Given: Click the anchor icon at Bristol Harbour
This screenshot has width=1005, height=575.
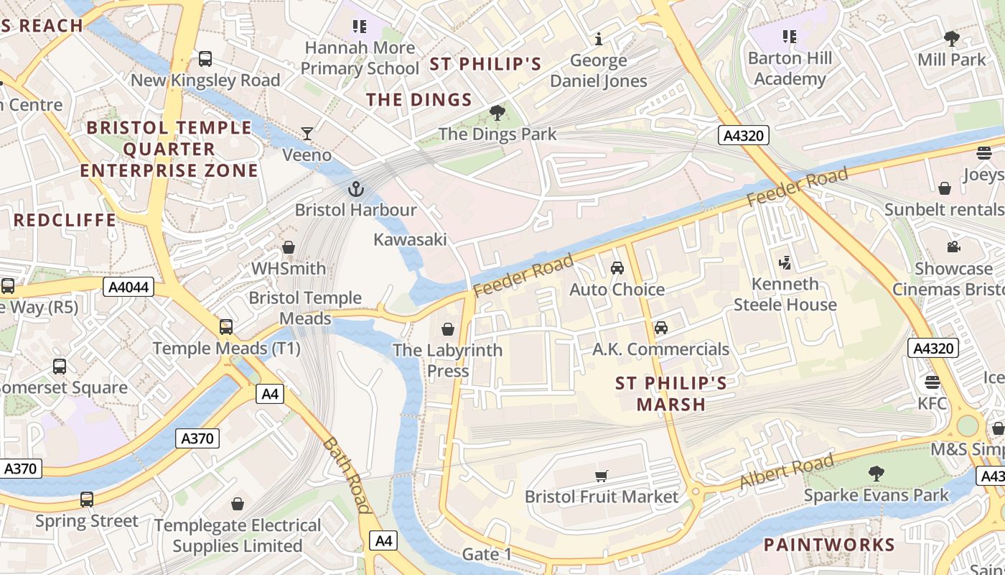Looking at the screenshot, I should (x=355, y=189).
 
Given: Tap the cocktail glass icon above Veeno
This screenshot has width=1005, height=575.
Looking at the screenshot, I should (x=307, y=134).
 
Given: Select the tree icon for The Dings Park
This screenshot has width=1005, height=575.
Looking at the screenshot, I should (x=497, y=113).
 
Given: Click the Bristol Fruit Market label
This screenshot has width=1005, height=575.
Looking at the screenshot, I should (x=601, y=497).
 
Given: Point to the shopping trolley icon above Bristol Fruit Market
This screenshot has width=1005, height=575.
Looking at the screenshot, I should (x=602, y=476).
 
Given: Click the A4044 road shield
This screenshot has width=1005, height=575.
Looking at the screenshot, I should (x=128, y=287).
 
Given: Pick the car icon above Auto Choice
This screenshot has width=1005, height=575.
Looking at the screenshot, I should (x=617, y=268).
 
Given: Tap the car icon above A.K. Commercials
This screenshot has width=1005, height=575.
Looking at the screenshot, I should (x=660, y=328).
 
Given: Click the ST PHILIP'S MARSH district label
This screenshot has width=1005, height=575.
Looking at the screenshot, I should (x=671, y=394).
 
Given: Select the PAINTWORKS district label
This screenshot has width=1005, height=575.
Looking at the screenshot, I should (x=829, y=544).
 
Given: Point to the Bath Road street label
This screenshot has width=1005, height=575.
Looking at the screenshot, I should (x=347, y=475).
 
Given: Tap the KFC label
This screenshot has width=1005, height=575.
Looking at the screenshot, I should (x=932, y=403).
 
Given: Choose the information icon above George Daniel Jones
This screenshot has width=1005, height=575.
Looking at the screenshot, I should (x=599, y=39).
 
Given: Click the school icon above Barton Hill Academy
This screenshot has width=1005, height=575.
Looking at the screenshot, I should (x=790, y=36).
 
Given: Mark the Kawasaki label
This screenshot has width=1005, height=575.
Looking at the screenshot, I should (x=410, y=239).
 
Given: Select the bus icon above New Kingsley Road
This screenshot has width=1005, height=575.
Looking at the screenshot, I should (x=205, y=59).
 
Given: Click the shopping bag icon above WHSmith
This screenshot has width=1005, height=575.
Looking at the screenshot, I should (x=289, y=247).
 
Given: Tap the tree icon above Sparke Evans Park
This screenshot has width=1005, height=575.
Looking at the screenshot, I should (x=876, y=474).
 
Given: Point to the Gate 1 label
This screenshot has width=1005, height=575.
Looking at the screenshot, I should (x=487, y=554).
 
